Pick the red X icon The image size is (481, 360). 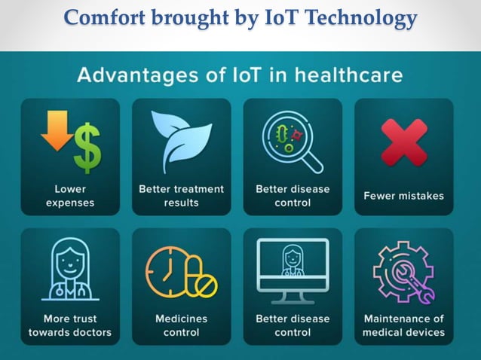(x=403, y=142)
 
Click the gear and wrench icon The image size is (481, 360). (x=403, y=271)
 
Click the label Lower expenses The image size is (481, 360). (x=69, y=196)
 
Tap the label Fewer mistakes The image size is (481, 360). (x=403, y=196)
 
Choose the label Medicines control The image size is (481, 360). (x=181, y=325)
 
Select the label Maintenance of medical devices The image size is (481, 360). (x=403, y=325)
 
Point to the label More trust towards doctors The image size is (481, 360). (x=69, y=325)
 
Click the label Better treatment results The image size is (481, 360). (x=181, y=196)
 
